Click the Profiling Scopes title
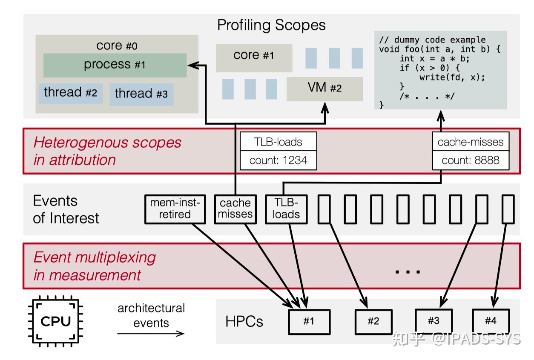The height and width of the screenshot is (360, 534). pyautogui.click(x=271, y=25)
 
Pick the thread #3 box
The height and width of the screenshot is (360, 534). pyautogui.click(x=141, y=94)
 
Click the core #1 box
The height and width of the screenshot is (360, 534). pyautogui.click(x=254, y=56)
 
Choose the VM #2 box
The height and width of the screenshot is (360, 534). pyautogui.click(x=324, y=89)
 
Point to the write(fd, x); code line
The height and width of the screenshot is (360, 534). pyautogui.click(x=452, y=77)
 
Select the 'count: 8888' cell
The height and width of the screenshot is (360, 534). pyautogui.click(x=471, y=161)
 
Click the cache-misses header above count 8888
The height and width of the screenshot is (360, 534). pyautogui.click(x=471, y=142)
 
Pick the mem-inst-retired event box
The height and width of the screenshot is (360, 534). pyautogui.click(x=175, y=209)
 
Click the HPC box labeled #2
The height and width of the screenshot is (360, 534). pyautogui.click(x=373, y=321)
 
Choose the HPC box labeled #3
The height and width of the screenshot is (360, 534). pyautogui.click(x=434, y=320)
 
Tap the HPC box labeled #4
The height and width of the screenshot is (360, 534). pyautogui.click(x=491, y=320)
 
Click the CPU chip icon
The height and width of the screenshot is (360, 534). pyautogui.click(x=56, y=321)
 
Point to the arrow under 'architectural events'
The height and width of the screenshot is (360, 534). pyautogui.click(x=151, y=333)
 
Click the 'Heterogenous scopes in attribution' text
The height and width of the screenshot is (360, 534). pyautogui.click(x=107, y=151)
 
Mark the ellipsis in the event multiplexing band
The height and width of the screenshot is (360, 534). pyautogui.click(x=408, y=271)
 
